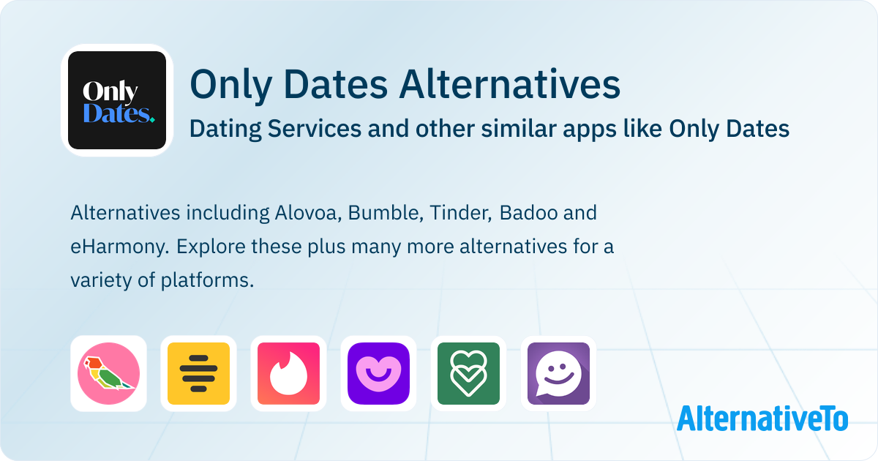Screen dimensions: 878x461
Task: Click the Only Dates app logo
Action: click(x=117, y=100)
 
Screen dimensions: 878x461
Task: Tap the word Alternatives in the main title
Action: click(x=509, y=84)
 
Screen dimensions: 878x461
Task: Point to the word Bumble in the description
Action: click(x=386, y=213)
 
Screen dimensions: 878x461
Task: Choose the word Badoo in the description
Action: click(x=528, y=213)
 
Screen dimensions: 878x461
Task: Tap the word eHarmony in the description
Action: click(x=119, y=247)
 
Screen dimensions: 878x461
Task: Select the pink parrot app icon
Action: click(x=108, y=374)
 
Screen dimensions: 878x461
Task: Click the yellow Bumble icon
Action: click(x=198, y=374)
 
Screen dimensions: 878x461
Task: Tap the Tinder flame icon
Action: click(x=288, y=374)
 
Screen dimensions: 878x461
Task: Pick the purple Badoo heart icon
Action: click(x=379, y=374)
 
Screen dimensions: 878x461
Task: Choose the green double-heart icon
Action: click(x=468, y=374)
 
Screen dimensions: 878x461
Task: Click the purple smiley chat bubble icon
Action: click(x=558, y=374)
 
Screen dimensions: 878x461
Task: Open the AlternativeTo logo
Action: click(x=762, y=419)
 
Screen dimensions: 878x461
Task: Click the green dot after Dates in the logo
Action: click(x=152, y=119)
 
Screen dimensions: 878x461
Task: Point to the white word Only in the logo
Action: click(x=110, y=91)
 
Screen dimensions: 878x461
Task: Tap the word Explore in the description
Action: click(x=211, y=247)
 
